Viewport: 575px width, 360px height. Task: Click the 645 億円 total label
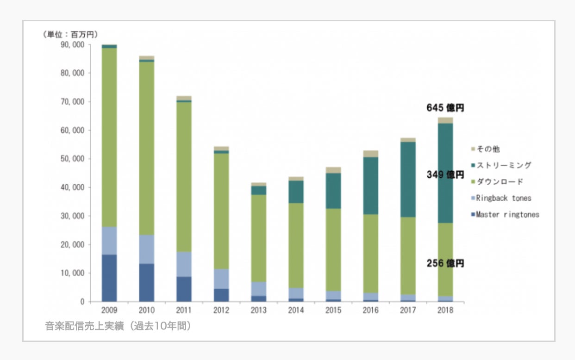pos(445,108)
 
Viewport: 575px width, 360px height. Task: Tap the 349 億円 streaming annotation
pos(445,175)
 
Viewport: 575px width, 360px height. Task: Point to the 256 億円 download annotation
pos(445,263)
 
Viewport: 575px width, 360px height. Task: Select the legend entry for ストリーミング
pos(504,165)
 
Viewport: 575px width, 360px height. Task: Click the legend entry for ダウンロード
pos(500,181)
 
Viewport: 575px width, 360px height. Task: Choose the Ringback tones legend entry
pos(503,198)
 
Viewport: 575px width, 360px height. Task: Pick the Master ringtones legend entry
pos(507,215)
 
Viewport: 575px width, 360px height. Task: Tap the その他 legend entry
pos(488,149)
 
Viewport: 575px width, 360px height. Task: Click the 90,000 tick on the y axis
pos(72,45)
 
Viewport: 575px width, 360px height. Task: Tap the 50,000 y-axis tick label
pos(72,159)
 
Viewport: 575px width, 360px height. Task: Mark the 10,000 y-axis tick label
pos(72,273)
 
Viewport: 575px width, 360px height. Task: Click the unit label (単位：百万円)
pos(70,34)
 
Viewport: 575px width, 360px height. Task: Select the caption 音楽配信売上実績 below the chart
pos(118,326)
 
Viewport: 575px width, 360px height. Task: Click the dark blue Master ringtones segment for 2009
pos(109,278)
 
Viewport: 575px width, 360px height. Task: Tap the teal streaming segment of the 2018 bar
pos(445,173)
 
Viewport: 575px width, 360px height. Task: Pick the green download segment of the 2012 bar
pos(221,211)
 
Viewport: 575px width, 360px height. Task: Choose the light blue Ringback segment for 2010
pos(147,249)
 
